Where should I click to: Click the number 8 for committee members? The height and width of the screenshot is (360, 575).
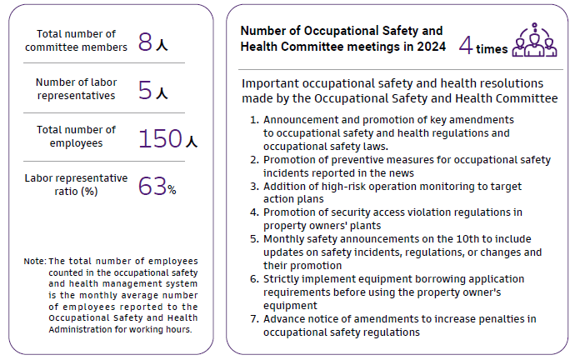pyautogui.click(x=146, y=43)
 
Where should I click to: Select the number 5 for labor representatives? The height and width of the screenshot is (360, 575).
pyautogui.click(x=146, y=91)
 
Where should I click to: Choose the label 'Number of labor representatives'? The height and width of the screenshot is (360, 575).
pyautogui.click(x=76, y=88)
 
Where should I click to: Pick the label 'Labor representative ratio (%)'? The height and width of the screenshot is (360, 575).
pyautogui.click(x=76, y=184)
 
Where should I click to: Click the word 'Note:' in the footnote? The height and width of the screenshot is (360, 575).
pyautogui.click(x=35, y=262)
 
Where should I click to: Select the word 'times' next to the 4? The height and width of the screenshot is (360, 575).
pyautogui.click(x=492, y=49)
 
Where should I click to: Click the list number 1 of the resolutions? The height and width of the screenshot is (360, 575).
pyautogui.click(x=254, y=120)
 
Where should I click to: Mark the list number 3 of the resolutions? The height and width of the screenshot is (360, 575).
pyautogui.click(x=255, y=186)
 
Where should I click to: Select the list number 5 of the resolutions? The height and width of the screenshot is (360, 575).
pyautogui.click(x=255, y=239)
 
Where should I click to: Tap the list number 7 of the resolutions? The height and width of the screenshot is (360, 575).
pyautogui.click(x=255, y=319)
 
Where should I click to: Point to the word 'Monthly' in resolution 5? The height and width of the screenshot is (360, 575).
pyautogui.click(x=285, y=239)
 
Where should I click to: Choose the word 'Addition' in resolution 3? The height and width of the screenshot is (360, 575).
pyautogui.click(x=286, y=186)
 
